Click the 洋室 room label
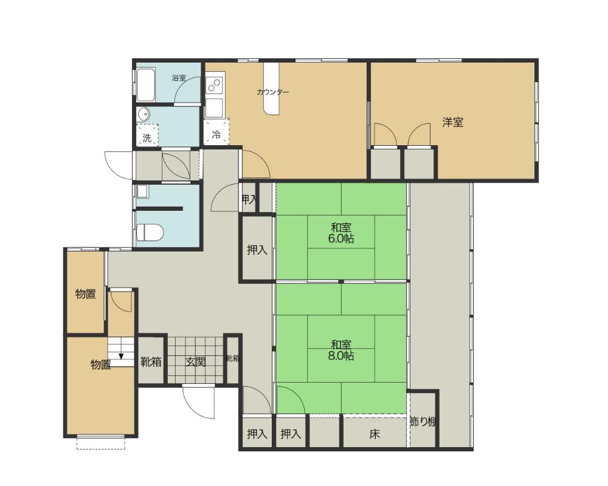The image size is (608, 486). (452, 123)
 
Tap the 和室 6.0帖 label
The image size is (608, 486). (341, 233)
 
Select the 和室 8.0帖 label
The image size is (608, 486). (341, 350)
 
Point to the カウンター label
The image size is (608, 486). (272, 92)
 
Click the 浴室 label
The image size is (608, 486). (179, 78)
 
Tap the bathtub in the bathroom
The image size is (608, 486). (146, 86)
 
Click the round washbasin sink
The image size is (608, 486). (144, 114)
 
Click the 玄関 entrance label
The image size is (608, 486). (195, 362)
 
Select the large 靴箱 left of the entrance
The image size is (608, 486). (151, 362)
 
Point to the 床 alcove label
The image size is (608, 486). (374, 434)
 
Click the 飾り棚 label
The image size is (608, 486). (423, 422)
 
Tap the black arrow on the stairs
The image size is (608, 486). (122, 357)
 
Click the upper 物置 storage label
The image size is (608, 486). (86, 294)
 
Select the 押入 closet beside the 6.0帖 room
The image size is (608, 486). (257, 250)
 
